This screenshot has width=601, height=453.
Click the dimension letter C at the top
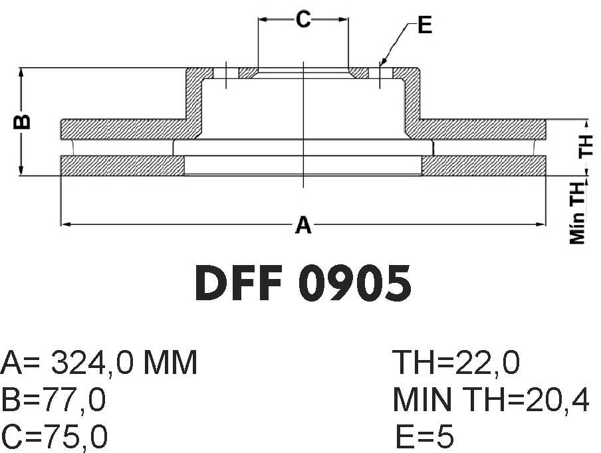point(302,19)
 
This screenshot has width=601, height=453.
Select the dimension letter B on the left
point(22,122)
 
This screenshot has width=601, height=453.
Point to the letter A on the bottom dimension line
point(303,225)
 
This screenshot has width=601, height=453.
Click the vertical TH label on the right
point(586,145)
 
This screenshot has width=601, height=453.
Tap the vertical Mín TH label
point(578,213)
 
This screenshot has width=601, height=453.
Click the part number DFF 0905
point(302,284)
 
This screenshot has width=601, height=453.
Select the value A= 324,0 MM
point(99,362)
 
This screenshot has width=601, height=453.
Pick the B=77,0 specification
point(53,400)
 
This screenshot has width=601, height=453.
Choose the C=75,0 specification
point(54,436)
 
